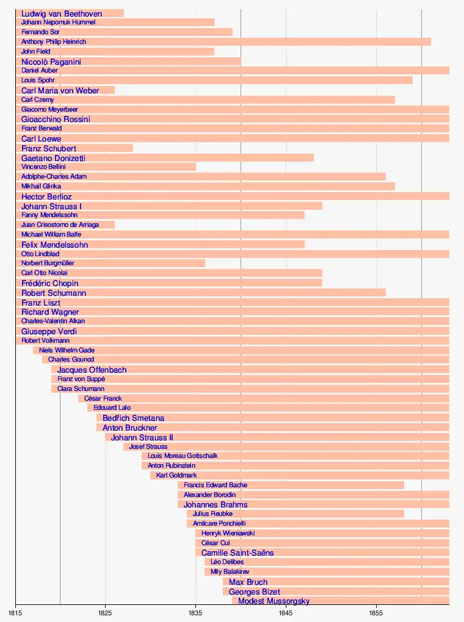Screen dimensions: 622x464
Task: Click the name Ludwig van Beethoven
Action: [62, 13]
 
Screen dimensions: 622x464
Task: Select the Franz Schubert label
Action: [49, 148]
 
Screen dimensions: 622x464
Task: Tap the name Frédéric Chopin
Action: [49, 283]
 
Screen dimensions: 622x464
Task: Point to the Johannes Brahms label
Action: [216, 505]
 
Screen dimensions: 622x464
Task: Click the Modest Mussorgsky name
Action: [274, 601]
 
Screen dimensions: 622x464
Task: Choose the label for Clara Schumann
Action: [81, 388]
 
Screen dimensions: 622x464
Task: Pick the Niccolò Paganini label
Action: [51, 62]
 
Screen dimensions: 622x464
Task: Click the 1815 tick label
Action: [15, 612]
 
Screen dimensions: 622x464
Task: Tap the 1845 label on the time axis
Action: [286, 612]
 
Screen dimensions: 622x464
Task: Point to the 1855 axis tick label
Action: [376, 612]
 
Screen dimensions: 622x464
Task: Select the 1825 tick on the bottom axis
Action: [105, 612]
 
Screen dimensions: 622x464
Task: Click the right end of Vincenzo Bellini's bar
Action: [195, 166]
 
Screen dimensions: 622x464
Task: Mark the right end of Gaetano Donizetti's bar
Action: [313, 158]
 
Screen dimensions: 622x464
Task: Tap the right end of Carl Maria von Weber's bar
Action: [114, 90]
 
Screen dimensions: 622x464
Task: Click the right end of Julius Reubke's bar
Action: [404, 513]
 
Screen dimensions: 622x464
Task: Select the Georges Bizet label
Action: [255, 592]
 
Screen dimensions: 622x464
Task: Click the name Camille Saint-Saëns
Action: [237, 552]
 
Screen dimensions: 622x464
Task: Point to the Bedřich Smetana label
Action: [133, 418]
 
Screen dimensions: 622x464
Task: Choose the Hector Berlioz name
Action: [46, 196]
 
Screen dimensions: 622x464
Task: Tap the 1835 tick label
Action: [195, 612]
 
